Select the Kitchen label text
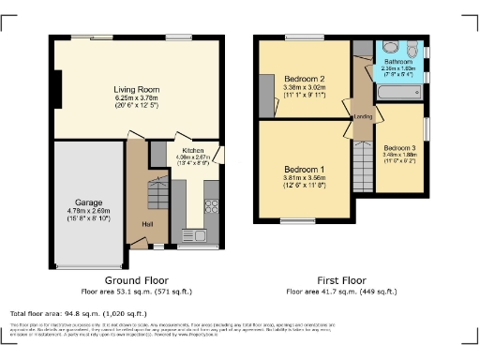pos(193,149)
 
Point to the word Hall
pos(146,224)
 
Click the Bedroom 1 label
pos(303,170)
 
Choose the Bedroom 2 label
pos(303,78)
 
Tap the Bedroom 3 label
pos(399,147)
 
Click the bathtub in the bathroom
pos(399,93)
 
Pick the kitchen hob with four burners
pos(211,202)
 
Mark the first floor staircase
pos(362,172)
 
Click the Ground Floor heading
pos(136,280)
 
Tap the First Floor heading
pos(342,280)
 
